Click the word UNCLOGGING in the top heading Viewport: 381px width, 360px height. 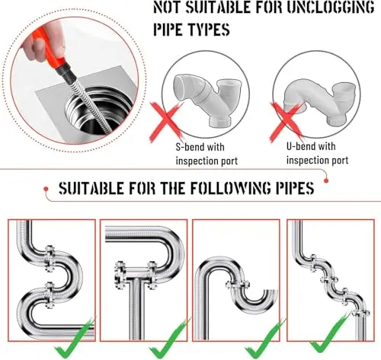tap(331, 7)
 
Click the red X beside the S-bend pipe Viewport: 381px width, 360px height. tap(166, 123)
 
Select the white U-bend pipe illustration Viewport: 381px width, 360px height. tap(320, 101)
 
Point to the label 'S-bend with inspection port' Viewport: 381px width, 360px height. tap(207, 154)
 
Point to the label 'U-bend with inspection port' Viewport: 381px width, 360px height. tap(318, 154)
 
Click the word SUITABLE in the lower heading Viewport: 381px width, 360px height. tap(91, 188)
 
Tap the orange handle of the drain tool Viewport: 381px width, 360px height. tap(51, 49)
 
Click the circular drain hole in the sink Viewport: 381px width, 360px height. tap(100, 110)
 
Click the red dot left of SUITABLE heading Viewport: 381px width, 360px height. tap(46, 189)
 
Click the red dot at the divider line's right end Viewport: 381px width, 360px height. tap(326, 180)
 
